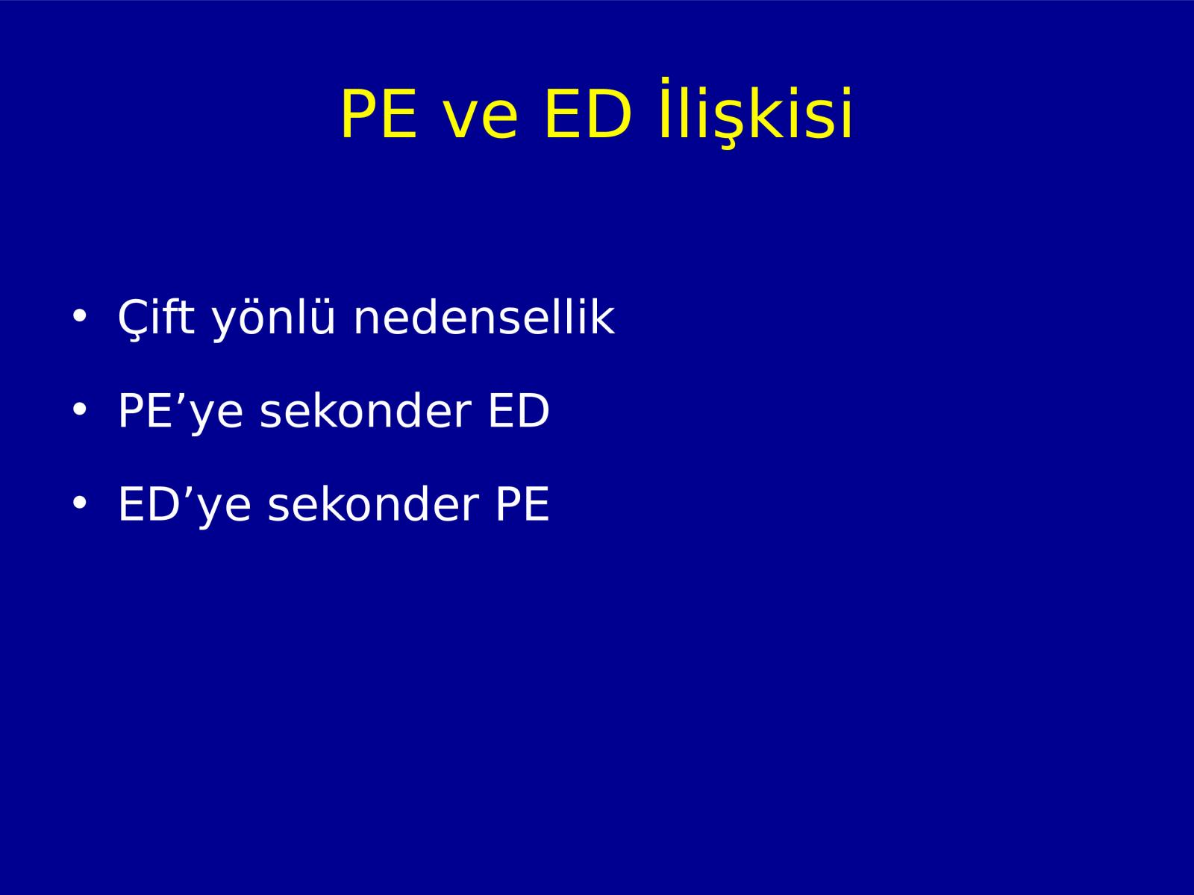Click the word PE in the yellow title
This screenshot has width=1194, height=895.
(379, 114)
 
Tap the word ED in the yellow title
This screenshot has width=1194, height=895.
(588, 114)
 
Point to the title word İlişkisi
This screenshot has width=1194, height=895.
(755, 113)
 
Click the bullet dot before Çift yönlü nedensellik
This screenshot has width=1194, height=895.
(79, 316)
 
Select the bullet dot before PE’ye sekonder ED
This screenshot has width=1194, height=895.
(79, 409)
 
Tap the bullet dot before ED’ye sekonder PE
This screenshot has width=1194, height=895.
(79, 503)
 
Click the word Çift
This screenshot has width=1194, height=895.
(156, 318)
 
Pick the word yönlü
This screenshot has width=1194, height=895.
(274, 320)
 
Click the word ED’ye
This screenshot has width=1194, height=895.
(184, 506)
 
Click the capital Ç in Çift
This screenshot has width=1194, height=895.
(134, 319)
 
